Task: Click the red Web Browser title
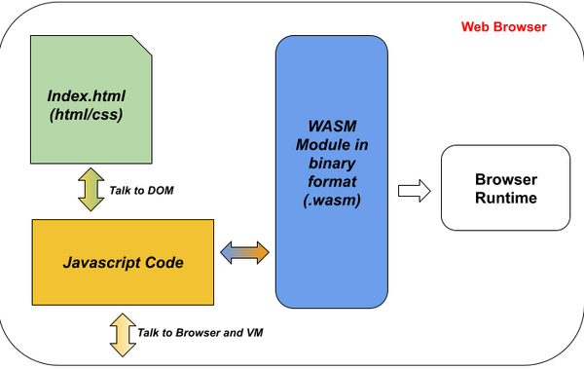504,27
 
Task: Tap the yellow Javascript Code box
123,262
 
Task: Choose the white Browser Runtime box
505,189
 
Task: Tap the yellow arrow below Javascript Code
123,332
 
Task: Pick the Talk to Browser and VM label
200,332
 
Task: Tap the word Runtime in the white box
505,199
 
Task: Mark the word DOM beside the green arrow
164,188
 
